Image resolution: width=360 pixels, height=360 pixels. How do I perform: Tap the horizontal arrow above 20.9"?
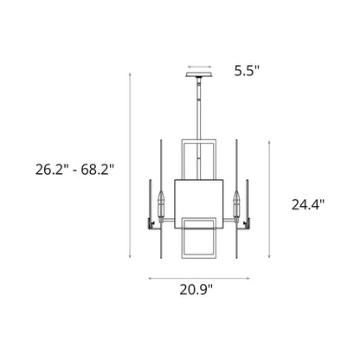coord(200,278)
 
